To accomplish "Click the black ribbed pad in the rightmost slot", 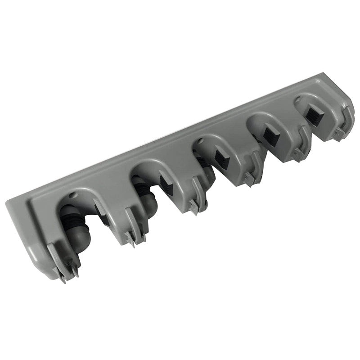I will click(311, 115).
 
